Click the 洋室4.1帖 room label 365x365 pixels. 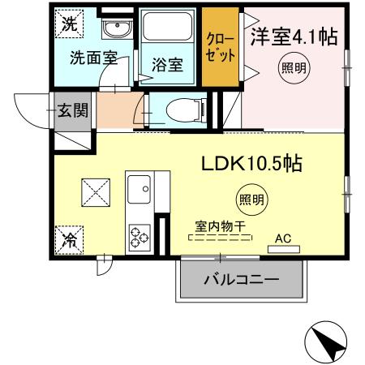click(293, 37)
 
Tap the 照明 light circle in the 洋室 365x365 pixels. click(294, 68)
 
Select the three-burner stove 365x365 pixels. click(139, 235)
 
